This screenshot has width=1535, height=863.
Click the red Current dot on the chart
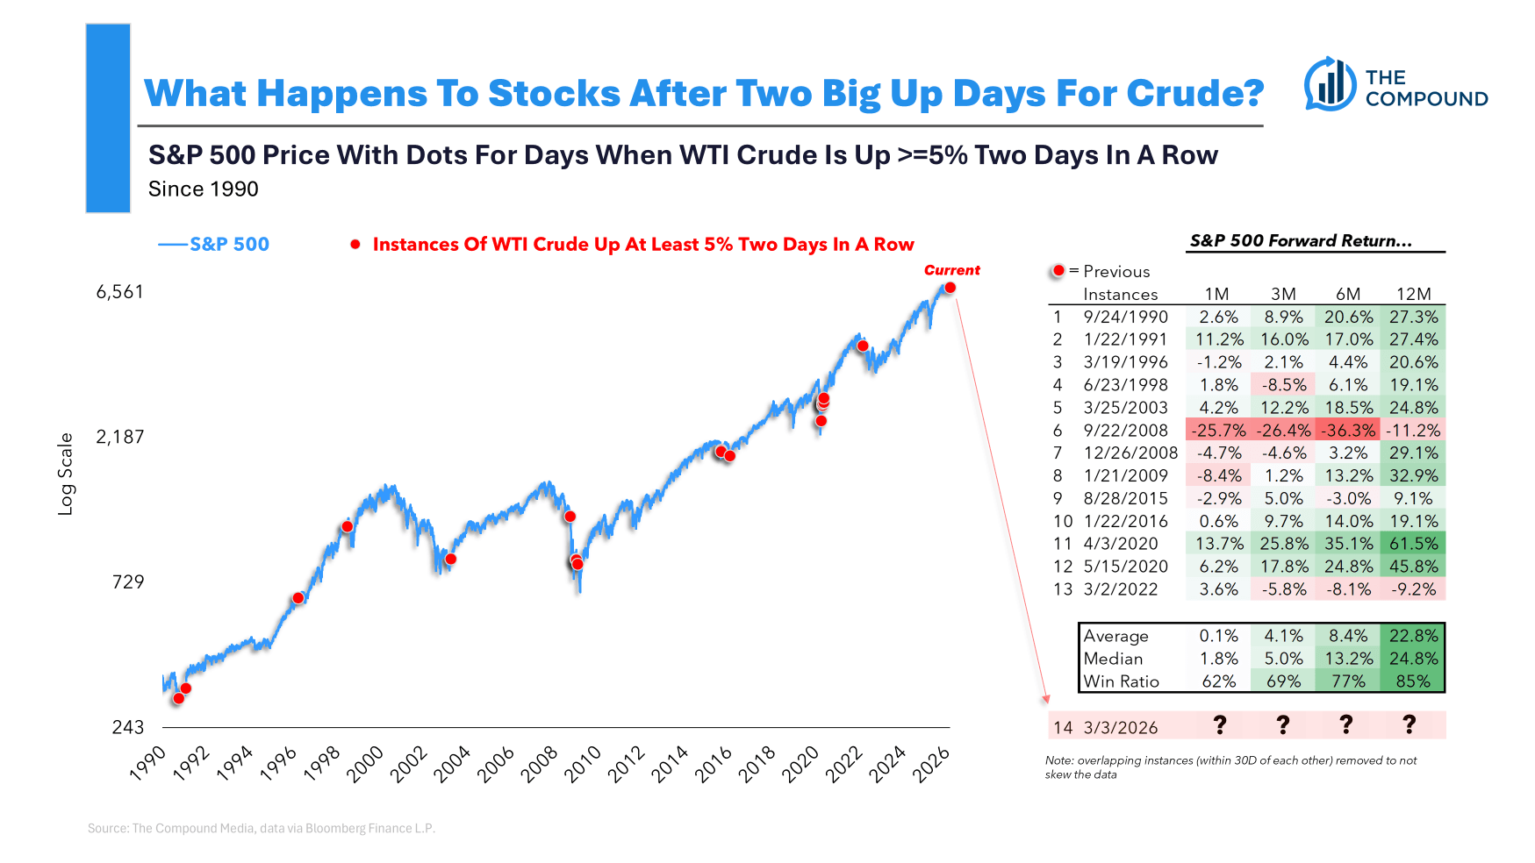click(950, 288)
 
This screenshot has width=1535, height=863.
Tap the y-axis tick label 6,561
click(119, 292)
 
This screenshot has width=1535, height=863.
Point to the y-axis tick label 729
click(128, 581)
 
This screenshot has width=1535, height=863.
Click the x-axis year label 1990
click(147, 764)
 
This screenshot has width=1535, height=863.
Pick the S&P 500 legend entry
click(214, 245)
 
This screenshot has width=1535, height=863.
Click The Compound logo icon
click(1330, 85)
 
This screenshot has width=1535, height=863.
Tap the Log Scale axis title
click(66, 474)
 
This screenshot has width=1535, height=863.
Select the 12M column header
click(1413, 295)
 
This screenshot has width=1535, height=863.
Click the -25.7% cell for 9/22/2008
click(1218, 431)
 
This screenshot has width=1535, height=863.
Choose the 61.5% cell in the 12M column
click(1413, 544)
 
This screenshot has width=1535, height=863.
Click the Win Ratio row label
click(1121, 681)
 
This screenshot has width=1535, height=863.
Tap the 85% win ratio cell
click(1413, 681)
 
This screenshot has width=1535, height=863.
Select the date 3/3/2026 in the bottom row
click(1121, 727)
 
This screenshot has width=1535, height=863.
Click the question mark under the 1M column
click(1219, 725)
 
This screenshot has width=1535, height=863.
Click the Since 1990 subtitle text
click(204, 189)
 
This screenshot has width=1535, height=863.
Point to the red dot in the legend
click(355, 245)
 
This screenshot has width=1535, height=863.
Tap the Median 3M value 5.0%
click(1283, 659)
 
